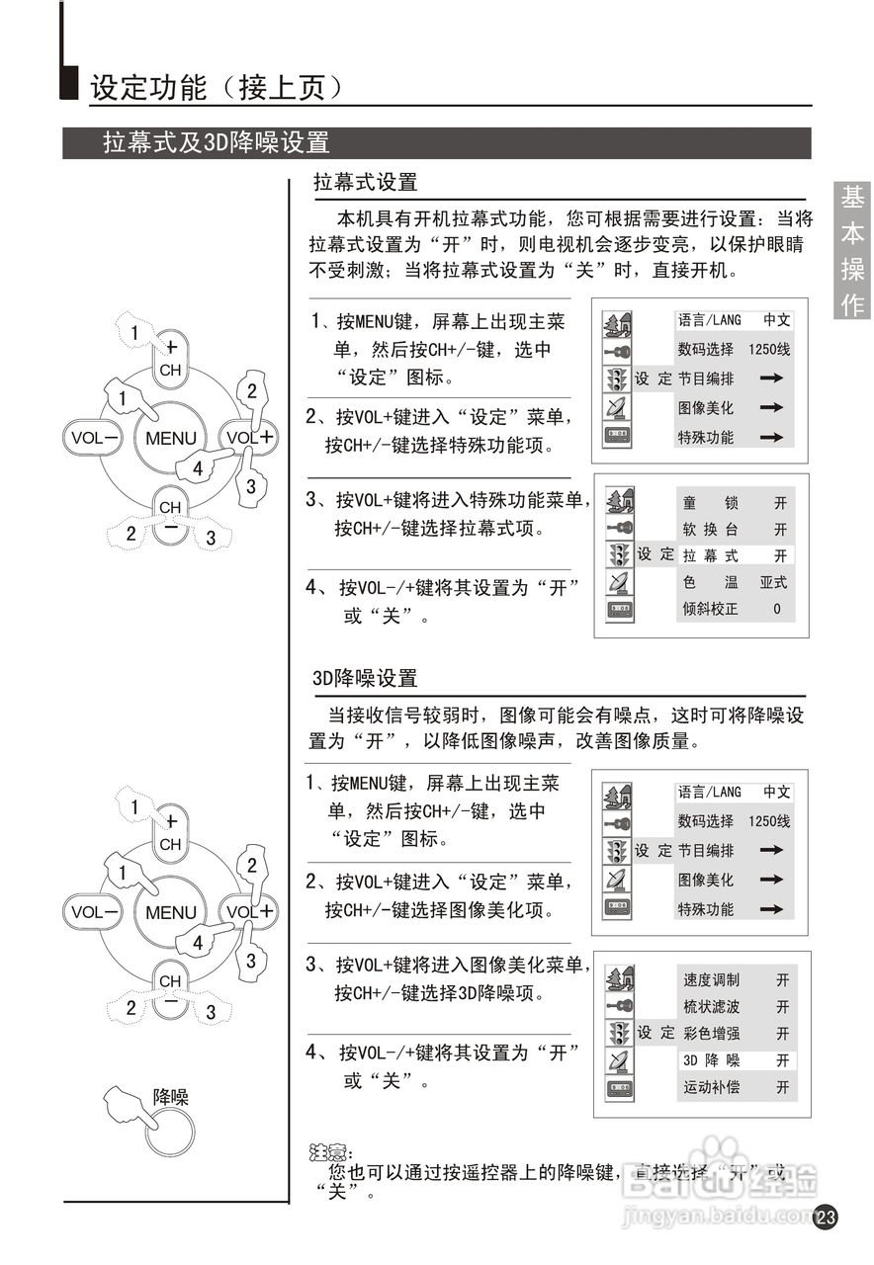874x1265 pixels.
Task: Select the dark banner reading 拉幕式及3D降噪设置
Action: point(217,142)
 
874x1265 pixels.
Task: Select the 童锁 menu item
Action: point(711,503)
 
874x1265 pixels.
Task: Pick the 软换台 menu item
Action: point(711,530)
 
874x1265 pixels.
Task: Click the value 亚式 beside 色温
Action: point(774,583)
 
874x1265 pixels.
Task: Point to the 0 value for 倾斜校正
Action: point(777,609)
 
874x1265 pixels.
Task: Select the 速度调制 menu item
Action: point(711,980)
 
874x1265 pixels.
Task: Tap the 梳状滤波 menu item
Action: point(711,1007)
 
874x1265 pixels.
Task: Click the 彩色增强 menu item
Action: point(711,1034)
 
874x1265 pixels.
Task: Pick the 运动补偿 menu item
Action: point(711,1087)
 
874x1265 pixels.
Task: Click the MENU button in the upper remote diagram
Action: point(171,438)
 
